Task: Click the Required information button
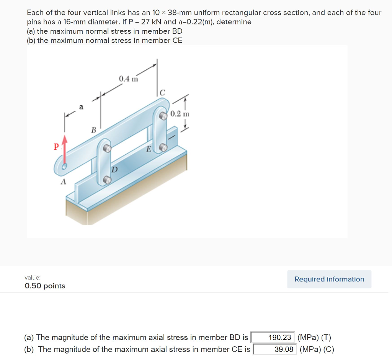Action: [329, 279]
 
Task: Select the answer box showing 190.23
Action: [273, 337]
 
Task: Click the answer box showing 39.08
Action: [275, 349]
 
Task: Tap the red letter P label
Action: [56, 147]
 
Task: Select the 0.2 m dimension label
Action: [180, 114]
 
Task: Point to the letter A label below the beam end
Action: [63, 182]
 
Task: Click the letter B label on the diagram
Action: [93, 130]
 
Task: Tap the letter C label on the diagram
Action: [162, 92]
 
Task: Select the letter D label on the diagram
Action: [114, 169]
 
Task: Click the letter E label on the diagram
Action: [149, 149]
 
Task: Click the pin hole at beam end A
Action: [65, 166]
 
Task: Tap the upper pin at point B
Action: [108, 148]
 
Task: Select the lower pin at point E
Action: [163, 147]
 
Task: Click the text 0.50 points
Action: [45, 286]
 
